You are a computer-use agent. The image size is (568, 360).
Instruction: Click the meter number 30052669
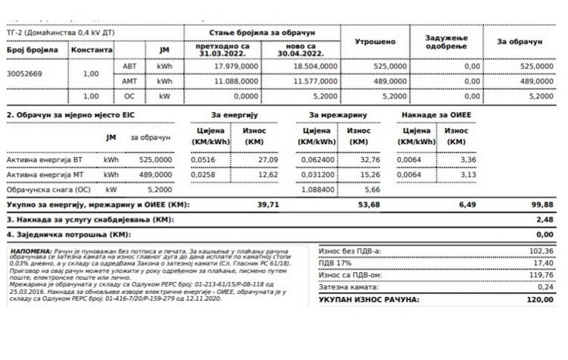coord(24,74)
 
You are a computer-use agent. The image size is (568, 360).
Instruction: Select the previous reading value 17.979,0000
coord(228,67)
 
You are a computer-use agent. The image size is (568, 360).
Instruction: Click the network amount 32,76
coord(369,160)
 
